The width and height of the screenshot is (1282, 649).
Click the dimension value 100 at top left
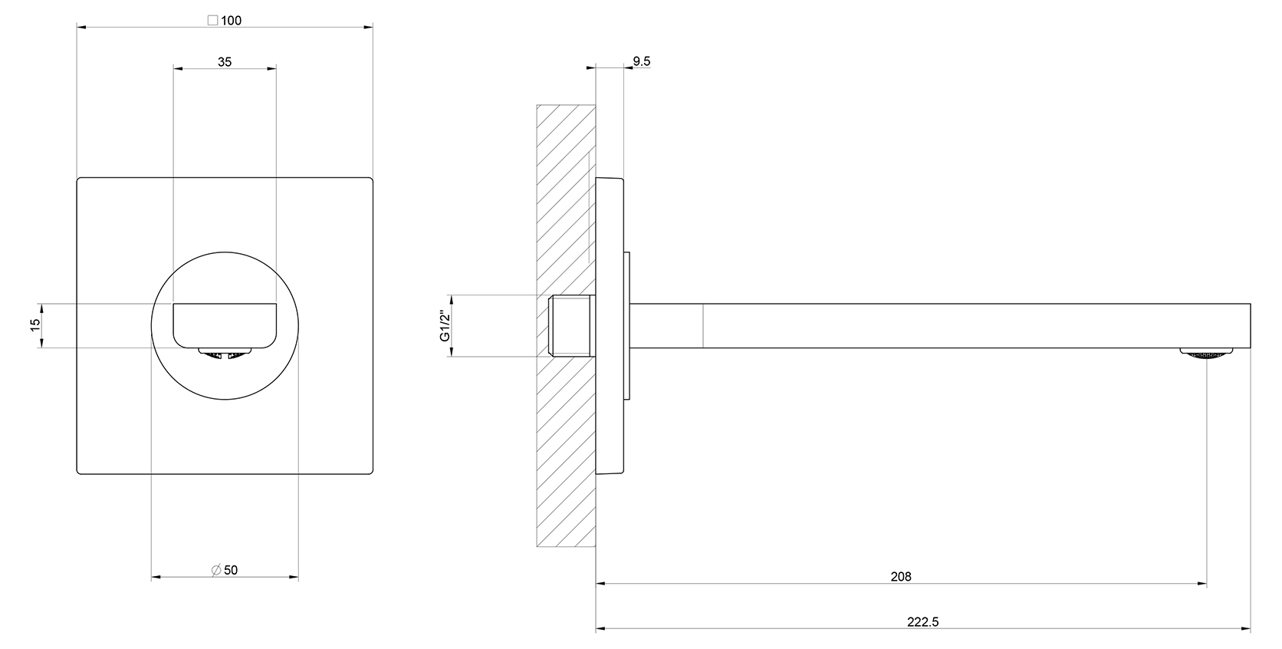(232, 21)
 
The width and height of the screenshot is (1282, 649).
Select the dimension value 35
(225, 62)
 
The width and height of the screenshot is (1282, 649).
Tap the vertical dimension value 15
(35, 324)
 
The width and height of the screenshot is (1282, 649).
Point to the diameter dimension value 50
(231, 570)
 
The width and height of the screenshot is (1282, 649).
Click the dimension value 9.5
(642, 61)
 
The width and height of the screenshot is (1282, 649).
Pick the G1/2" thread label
(445, 326)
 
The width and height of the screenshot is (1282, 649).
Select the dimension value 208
(901, 576)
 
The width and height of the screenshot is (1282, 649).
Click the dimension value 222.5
(922, 621)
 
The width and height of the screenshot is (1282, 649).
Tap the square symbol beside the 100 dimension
(212, 21)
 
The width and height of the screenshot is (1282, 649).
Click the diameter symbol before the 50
(215, 570)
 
